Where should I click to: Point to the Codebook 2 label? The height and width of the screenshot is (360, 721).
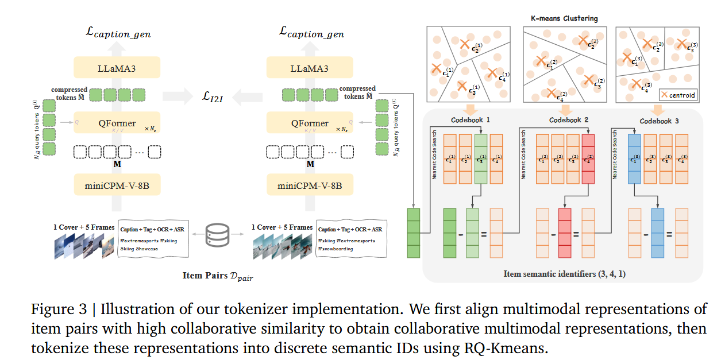(x=568, y=121)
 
